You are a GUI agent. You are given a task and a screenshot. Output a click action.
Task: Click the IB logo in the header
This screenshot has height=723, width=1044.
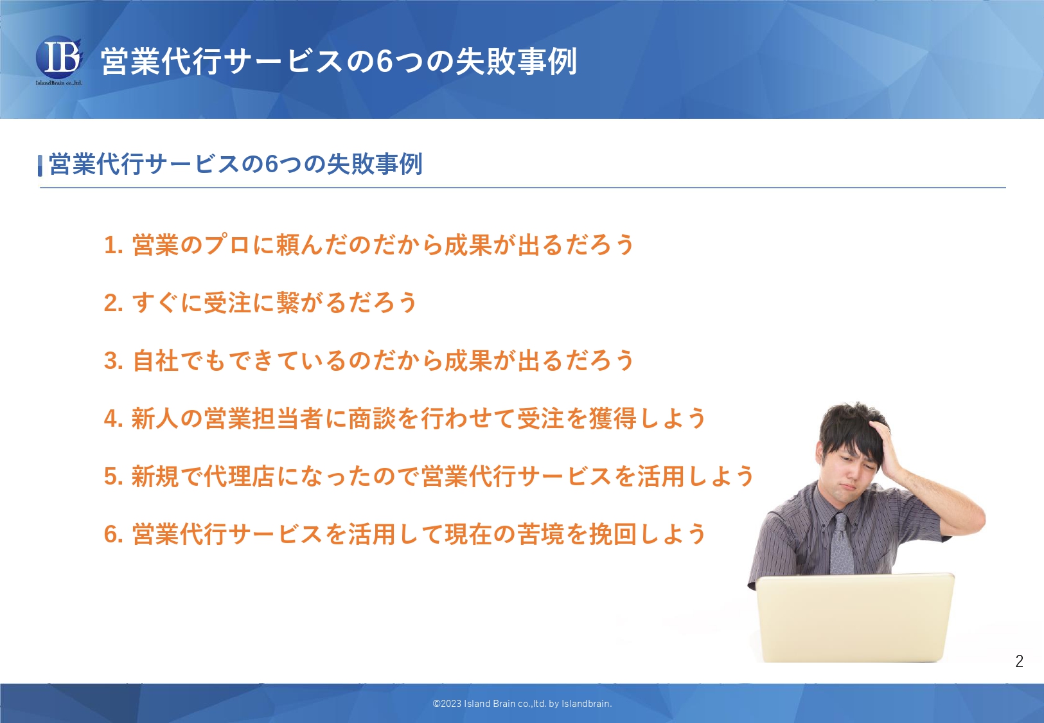(59, 60)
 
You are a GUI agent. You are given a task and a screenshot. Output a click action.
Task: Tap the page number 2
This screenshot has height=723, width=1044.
(1020, 661)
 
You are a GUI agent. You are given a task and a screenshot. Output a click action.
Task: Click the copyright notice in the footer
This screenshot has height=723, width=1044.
(522, 704)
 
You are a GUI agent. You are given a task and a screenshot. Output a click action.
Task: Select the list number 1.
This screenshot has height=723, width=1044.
(113, 245)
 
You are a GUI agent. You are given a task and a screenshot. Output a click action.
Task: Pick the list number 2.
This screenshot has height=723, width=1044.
(113, 303)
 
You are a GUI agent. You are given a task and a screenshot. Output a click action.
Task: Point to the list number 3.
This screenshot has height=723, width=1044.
(113, 361)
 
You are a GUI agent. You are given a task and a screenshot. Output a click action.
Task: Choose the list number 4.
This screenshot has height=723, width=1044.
(113, 418)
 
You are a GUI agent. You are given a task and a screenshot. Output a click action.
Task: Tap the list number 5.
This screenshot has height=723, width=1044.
(113, 476)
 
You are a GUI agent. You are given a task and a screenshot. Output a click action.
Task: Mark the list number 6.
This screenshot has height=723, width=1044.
(113, 534)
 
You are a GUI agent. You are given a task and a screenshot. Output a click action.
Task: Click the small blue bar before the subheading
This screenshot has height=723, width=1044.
(40, 165)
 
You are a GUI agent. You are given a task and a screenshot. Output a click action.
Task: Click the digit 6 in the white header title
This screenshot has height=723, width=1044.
(385, 62)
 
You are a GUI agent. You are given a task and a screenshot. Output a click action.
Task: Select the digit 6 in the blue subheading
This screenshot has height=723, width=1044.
(272, 164)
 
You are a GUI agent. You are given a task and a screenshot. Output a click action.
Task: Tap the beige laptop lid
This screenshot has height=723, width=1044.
(855, 618)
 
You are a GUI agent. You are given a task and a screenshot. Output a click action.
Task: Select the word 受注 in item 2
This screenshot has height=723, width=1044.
(227, 303)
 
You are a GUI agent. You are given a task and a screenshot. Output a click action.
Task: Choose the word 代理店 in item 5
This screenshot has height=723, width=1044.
(240, 476)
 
